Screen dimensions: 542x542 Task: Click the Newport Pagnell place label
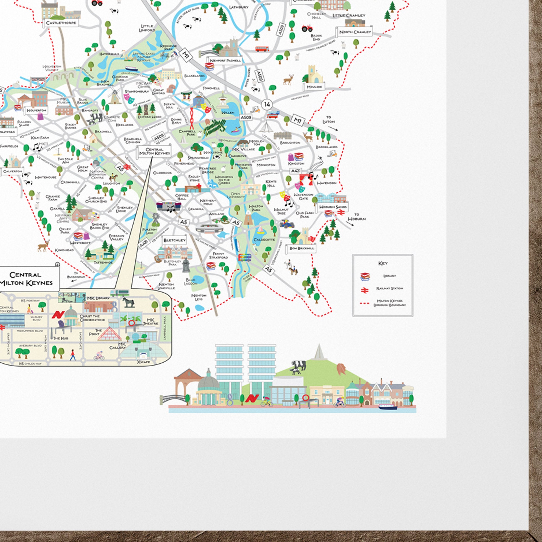[x=225, y=60]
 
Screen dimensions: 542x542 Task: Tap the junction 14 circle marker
[x=267, y=105]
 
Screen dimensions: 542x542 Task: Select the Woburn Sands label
[x=333, y=207]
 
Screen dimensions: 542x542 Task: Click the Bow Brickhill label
[x=302, y=248]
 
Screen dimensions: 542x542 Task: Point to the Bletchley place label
[x=175, y=240]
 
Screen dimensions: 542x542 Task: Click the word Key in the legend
[x=383, y=263]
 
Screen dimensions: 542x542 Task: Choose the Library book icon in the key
[x=365, y=276]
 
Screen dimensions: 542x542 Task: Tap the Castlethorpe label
[x=61, y=23]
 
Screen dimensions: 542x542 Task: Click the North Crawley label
[x=355, y=32]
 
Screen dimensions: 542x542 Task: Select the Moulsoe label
[x=314, y=87]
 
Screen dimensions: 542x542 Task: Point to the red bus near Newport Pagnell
[x=262, y=49]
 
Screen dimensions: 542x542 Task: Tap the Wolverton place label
[x=36, y=110]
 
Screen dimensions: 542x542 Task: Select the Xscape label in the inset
[x=144, y=362]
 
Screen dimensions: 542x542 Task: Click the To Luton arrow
[x=333, y=128]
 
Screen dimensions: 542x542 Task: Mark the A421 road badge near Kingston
[x=296, y=170]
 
